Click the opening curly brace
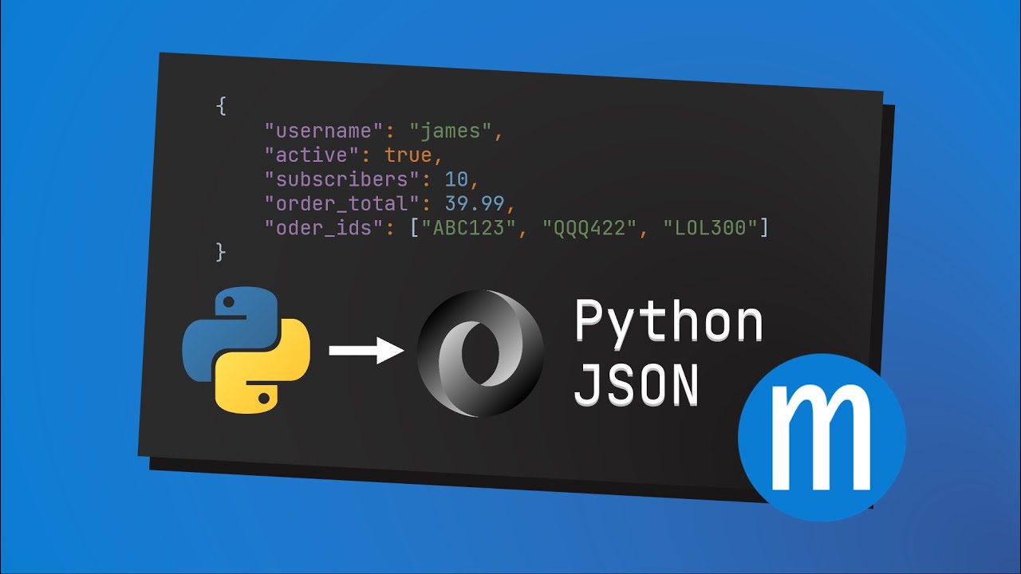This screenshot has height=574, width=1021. pyautogui.click(x=221, y=106)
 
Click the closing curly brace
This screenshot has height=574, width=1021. pyautogui.click(x=221, y=253)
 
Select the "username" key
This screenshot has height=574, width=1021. pyautogui.click(x=325, y=131)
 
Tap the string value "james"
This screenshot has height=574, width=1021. pyautogui.click(x=451, y=132)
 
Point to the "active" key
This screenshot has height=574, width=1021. pyautogui.click(x=312, y=155)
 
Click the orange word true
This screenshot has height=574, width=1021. pyautogui.click(x=408, y=155)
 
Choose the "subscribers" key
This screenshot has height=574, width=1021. pyautogui.click(x=342, y=179)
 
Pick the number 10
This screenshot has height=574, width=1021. pyautogui.click(x=456, y=179)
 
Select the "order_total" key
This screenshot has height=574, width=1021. pyautogui.click(x=342, y=203)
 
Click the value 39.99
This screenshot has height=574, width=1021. pyautogui.click(x=475, y=203)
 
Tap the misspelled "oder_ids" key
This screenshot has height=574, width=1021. pyautogui.click(x=325, y=227)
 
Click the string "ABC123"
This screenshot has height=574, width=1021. pyautogui.click(x=468, y=228)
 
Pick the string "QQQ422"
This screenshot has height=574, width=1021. pyautogui.click(x=589, y=228)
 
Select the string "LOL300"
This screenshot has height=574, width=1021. pyautogui.click(x=710, y=228)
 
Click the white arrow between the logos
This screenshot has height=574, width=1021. pyautogui.click(x=366, y=350)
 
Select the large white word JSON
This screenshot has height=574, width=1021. pyautogui.click(x=637, y=385)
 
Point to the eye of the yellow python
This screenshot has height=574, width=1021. pyautogui.click(x=264, y=398)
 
